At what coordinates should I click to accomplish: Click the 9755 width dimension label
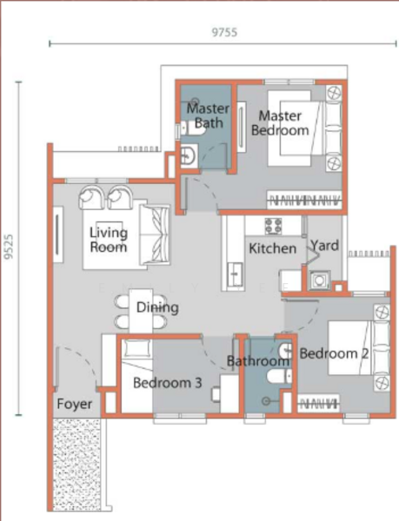tap(224, 32)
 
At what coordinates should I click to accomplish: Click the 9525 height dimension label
tap(9, 247)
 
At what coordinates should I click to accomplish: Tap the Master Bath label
tap(208, 115)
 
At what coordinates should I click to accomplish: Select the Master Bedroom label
tap(280, 123)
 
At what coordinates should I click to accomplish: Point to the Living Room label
tap(109, 240)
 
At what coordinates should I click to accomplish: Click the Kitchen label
tap(272, 248)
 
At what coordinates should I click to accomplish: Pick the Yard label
tap(324, 246)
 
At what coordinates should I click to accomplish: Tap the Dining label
tap(157, 307)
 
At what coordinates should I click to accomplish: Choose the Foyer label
tap(74, 404)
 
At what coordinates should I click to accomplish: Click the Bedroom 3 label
tap(167, 383)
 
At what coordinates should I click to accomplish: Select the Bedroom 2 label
tap(334, 353)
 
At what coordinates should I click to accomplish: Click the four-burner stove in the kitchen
tap(273, 226)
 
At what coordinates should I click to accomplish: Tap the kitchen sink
tap(236, 274)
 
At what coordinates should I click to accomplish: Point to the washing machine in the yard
tap(319, 280)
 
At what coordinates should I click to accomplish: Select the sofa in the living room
tap(155, 235)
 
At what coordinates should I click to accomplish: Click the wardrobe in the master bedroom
tap(304, 200)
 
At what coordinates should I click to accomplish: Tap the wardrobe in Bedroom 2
tap(318, 404)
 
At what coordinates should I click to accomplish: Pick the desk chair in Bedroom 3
tap(216, 394)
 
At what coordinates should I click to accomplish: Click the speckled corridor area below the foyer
tap(76, 465)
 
